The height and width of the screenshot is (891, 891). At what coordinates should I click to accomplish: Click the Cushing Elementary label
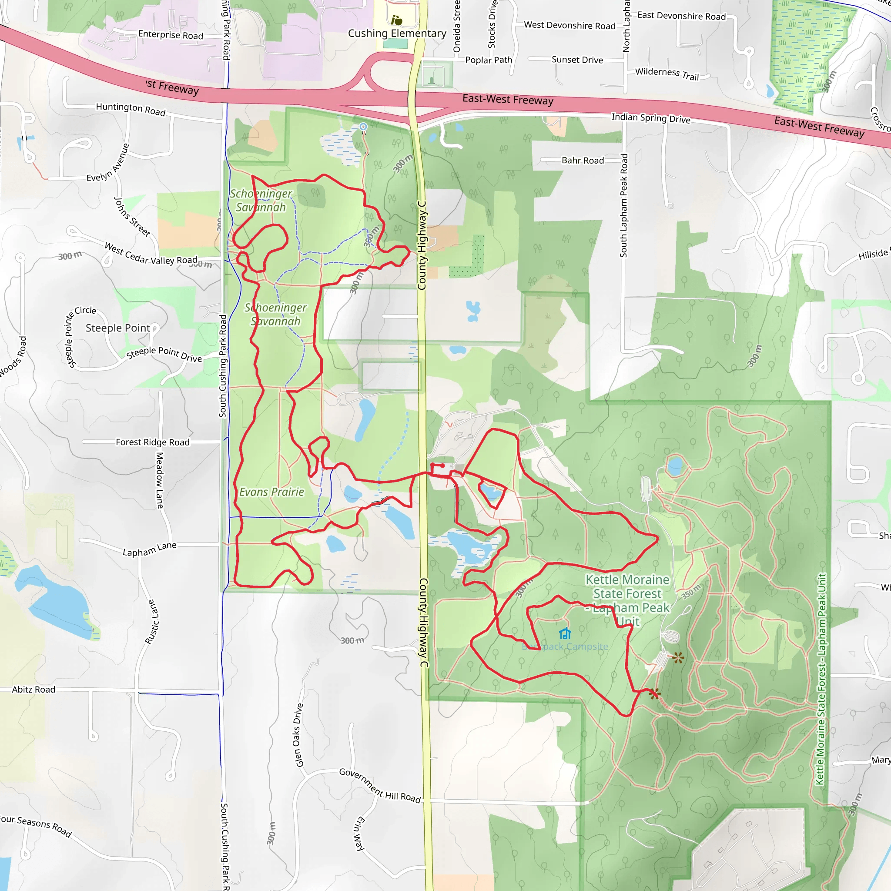tap(397, 33)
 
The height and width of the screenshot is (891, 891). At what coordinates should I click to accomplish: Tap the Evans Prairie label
tap(271, 492)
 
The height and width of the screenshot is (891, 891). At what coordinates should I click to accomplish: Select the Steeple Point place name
tap(117, 328)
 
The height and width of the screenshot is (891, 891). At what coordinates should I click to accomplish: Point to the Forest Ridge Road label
tap(153, 442)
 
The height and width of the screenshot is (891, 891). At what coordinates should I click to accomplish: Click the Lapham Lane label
tap(149, 549)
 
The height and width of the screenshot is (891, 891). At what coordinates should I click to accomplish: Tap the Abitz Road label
tap(33, 690)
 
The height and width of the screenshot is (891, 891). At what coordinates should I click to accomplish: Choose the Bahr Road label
tap(583, 161)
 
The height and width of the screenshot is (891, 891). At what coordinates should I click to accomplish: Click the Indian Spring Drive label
tap(651, 118)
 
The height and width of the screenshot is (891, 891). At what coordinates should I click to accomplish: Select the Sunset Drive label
tap(577, 60)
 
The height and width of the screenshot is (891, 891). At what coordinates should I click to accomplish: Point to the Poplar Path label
tap(489, 60)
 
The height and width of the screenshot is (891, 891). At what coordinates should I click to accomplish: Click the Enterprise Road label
tap(171, 35)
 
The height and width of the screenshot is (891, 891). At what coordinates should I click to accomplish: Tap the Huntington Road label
tap(131, 109)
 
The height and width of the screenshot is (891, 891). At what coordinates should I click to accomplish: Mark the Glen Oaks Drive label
tap(299, 735)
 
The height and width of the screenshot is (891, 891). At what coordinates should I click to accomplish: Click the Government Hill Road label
tap(380, 785)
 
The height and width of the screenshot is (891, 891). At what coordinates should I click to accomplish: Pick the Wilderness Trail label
tap(667, 74)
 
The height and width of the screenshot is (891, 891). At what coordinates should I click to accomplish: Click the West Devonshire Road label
tap(569, 25)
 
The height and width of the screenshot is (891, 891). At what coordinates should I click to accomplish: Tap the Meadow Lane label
tap(160, 480)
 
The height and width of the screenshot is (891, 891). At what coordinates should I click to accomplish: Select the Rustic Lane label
tap(153, 622)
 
